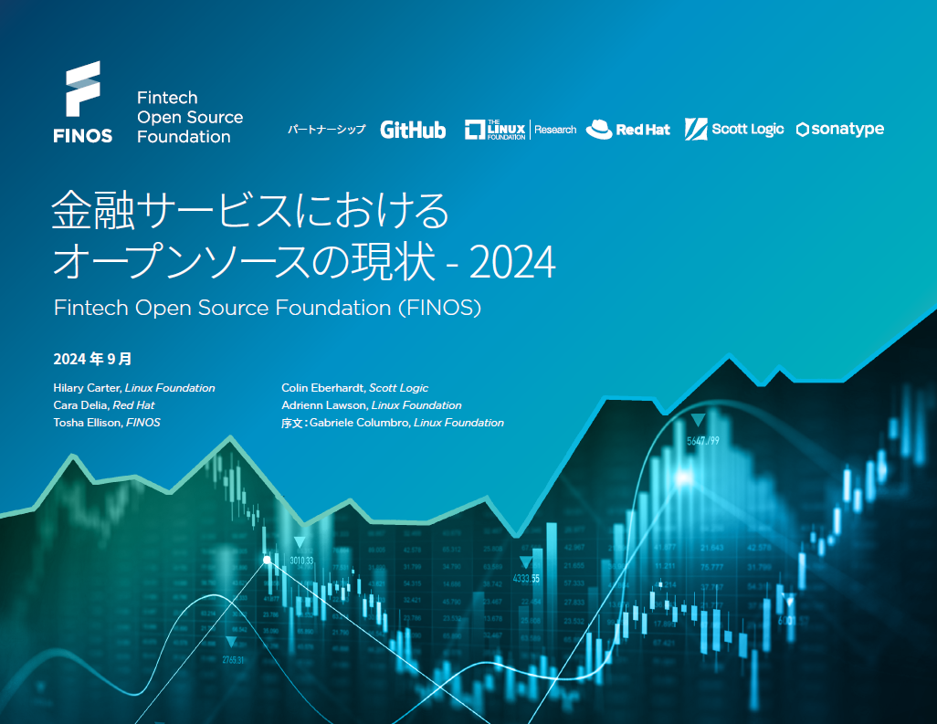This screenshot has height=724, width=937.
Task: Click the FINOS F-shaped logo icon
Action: click(82, 89)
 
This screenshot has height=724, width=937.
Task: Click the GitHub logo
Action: click(413, 130)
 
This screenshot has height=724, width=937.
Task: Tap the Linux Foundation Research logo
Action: click(521, 130)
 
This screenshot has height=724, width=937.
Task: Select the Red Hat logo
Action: click(628, 130)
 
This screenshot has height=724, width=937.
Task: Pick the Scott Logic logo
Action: click(735, 130)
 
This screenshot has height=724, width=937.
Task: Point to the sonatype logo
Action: click(840, 130)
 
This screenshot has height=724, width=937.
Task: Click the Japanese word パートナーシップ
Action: click(326, 130)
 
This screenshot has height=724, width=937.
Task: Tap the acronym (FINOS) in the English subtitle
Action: click(439, 308)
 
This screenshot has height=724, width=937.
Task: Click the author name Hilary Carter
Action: click(87, 388)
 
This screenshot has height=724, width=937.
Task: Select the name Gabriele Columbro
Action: click(358, 423)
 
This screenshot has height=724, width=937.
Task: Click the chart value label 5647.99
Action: click(703, 441)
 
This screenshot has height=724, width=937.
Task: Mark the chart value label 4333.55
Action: click(525, 579)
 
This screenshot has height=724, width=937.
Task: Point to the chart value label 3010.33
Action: click(301, 561)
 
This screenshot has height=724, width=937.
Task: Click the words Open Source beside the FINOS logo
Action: click(190, 117)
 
